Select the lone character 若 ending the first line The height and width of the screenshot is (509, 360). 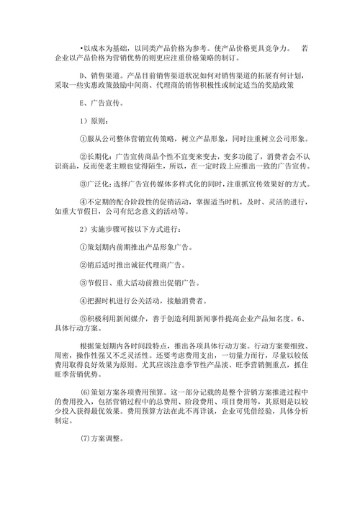pos(305,48)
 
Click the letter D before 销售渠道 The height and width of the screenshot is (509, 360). pos(82,74)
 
